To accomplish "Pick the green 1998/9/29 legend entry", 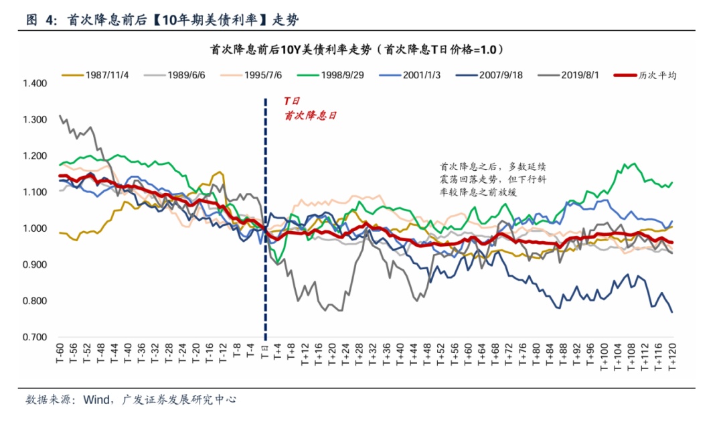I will point(341,75).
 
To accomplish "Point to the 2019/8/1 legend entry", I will point(580,75).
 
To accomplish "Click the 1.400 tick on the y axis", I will point(35,84).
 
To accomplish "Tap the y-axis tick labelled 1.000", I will point(35,228).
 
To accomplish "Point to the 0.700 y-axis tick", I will point(35,337).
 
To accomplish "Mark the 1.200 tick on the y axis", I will point(35,156).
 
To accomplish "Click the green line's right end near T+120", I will point(671,182).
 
